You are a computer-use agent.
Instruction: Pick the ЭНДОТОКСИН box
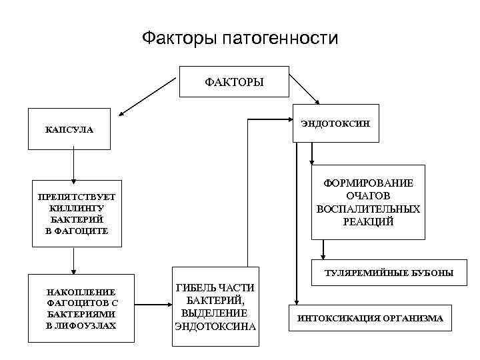pos(335,123)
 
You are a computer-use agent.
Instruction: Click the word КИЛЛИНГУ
pos(77,208)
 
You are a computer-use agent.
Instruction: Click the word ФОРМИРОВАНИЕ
pos(368,183)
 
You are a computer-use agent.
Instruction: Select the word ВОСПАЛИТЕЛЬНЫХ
pos(368,209)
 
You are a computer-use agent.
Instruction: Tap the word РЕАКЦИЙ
pos(368,221)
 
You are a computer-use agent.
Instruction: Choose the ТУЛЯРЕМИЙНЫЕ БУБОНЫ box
pos(389,272)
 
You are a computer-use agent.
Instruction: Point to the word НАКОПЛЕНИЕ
pos(81,292)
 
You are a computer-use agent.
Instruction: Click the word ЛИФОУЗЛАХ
pos(87,325)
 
